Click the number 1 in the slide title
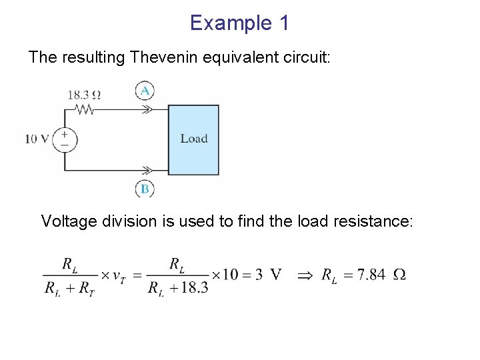(x=283, y=23)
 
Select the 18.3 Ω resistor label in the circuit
(x=83, y=95)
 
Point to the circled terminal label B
(x=144, y=189)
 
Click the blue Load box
(x=193, y=139)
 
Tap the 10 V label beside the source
(x=37, y=139)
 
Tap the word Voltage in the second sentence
(x=69, y=221)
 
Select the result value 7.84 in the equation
(x=371, y=275)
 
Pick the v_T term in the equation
(x=121, y=276)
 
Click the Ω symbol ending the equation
(x=399, y=275)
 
